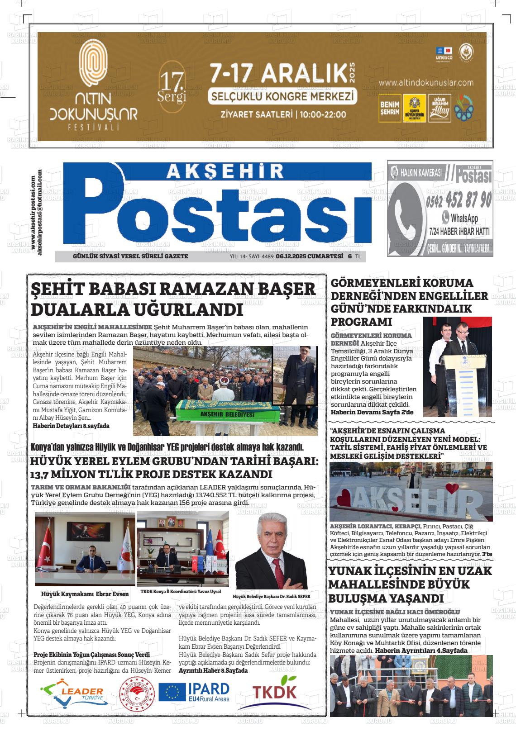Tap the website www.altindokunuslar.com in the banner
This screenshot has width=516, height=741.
pos(426,83)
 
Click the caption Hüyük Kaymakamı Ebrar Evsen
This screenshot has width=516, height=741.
pos(85,594)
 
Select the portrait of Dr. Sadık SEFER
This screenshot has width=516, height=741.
pos(271,550)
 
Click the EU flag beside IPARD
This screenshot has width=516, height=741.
pos(172,692)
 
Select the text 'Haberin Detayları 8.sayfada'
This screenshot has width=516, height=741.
pos(71,426)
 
